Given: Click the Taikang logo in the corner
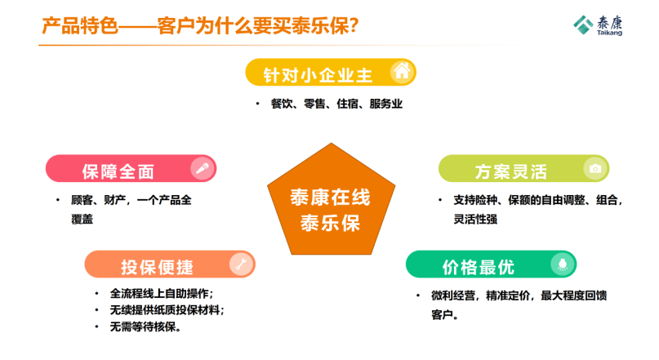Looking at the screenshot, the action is (598, 25).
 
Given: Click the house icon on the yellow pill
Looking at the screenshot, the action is (402, 71).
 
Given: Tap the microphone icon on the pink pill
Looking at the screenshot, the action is (203, 169).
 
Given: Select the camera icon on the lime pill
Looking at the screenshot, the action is (594, 169).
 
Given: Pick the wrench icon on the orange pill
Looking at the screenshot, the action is (241, 264).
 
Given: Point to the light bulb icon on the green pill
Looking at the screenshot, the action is (563, 264).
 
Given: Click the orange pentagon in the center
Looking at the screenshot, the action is (332, 202).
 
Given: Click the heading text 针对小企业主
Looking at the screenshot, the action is (318, 76).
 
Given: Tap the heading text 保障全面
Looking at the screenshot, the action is (118, 171).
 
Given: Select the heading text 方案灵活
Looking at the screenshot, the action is (511, 171).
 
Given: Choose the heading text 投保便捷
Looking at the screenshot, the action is (157, 267).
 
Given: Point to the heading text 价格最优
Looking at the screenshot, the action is (479, 267).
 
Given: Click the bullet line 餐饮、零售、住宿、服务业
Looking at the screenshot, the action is (336, 104).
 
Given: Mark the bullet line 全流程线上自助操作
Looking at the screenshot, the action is (162, 293).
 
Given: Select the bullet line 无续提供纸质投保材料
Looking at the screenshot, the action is (167, 310).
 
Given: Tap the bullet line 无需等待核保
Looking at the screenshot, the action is (145, 327).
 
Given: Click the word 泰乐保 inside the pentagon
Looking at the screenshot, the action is (331, 223).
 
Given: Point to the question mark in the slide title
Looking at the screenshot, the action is (354, 26).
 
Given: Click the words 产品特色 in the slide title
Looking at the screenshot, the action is (80, 26).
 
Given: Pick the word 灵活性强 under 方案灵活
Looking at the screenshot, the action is (475, 220).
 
